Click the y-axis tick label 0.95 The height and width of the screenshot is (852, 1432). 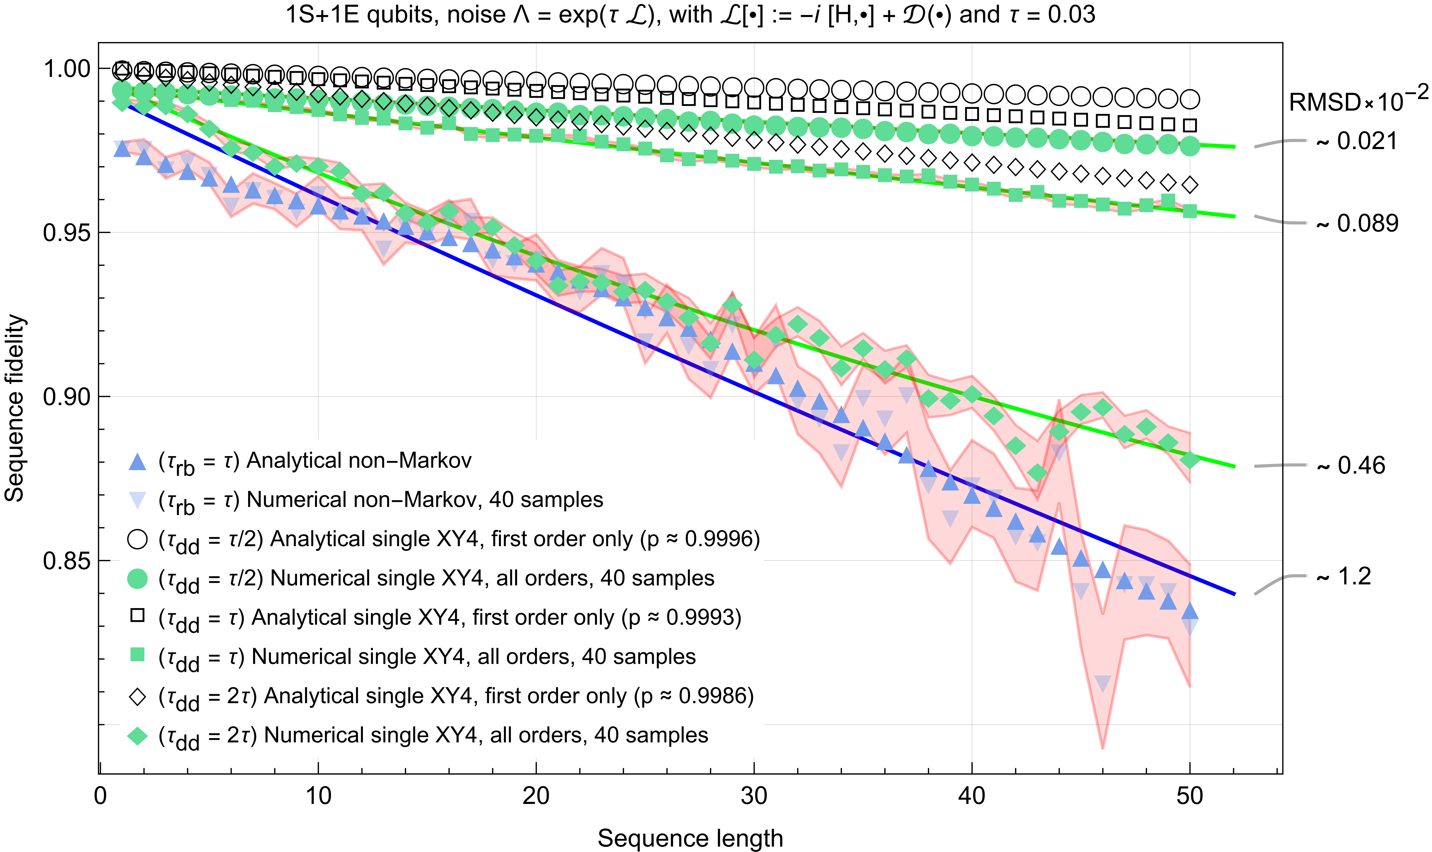click(x=67, y=233)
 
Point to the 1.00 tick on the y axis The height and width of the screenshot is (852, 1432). click(x=67, y=69)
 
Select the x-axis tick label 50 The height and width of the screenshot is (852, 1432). click(x=1189, y=796)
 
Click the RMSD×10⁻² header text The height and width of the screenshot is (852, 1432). click(x=1357, y=100)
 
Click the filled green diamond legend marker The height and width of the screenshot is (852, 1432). click(x=137, y=736)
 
